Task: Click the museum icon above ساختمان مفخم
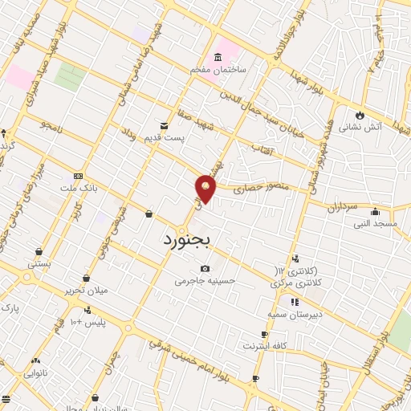(x=218, y=58)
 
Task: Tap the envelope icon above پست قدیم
(x=164, y=126)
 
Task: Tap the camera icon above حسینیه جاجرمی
(x=205, y=268)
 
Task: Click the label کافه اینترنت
(x=265, y=346)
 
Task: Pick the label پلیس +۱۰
(x=88, y=322)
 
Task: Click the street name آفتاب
(x=263, y=149)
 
